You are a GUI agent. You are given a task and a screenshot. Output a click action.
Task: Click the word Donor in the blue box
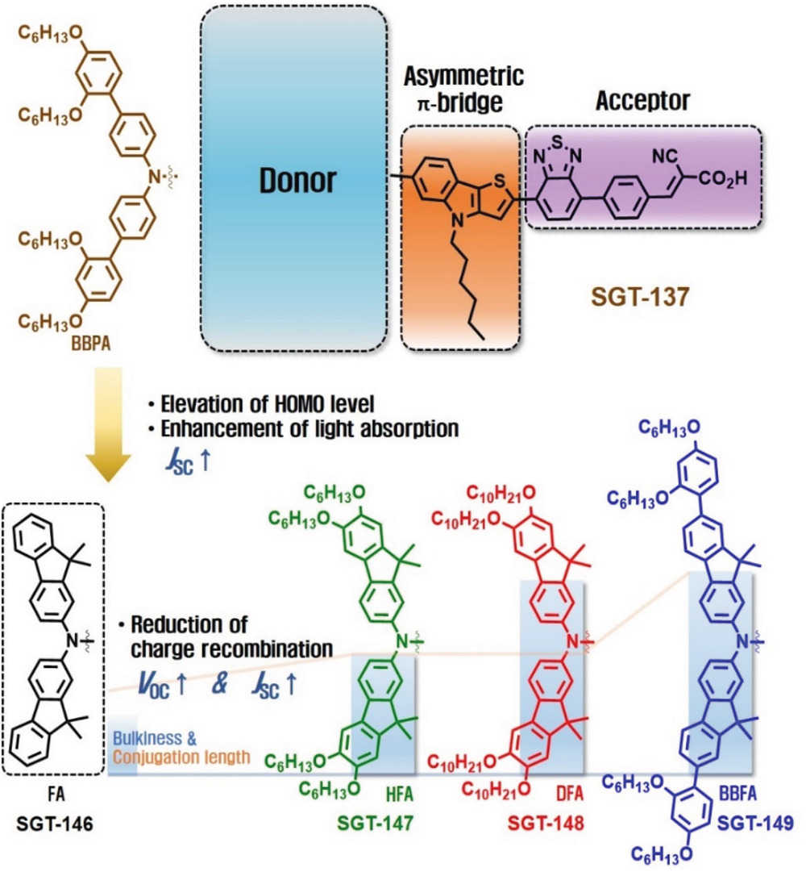pyautogui.click(x=296, y=181)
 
